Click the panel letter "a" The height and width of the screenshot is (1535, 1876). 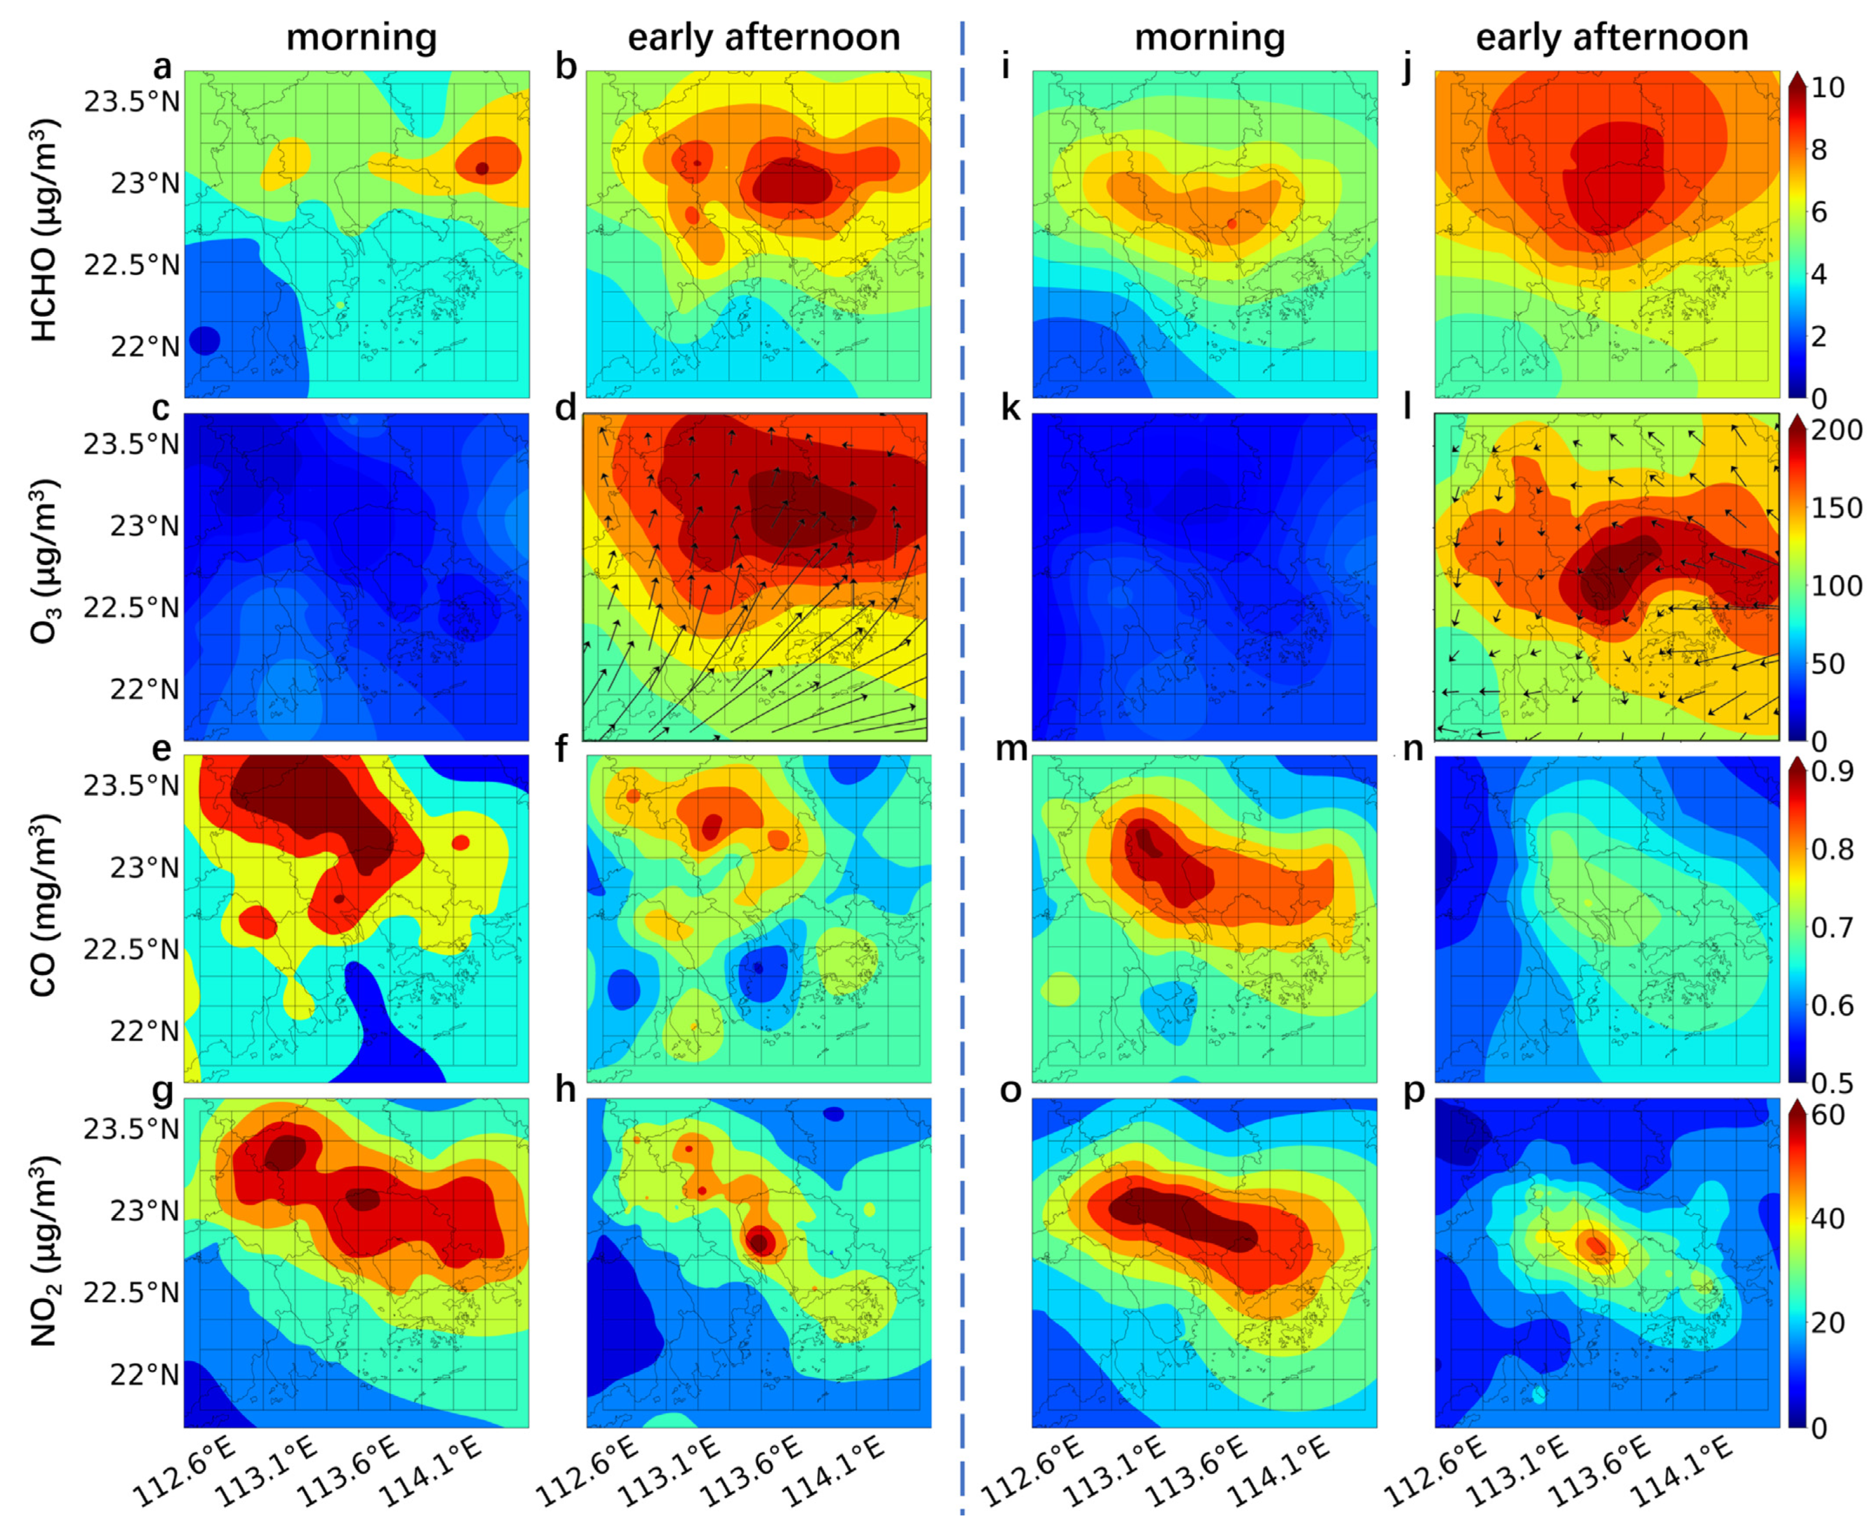(x=163, y=67)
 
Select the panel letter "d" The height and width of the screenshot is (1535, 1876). (x=566, y=408)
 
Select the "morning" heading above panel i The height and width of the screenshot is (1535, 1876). (x=1209, y=37)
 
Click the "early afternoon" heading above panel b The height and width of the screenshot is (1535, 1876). (x=764, y=37)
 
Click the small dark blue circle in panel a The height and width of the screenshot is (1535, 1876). (x=204, y=339)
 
